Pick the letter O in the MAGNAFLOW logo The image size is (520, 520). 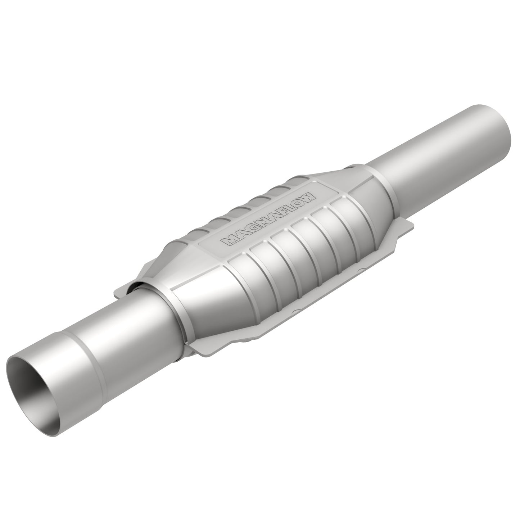coord(299,202)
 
